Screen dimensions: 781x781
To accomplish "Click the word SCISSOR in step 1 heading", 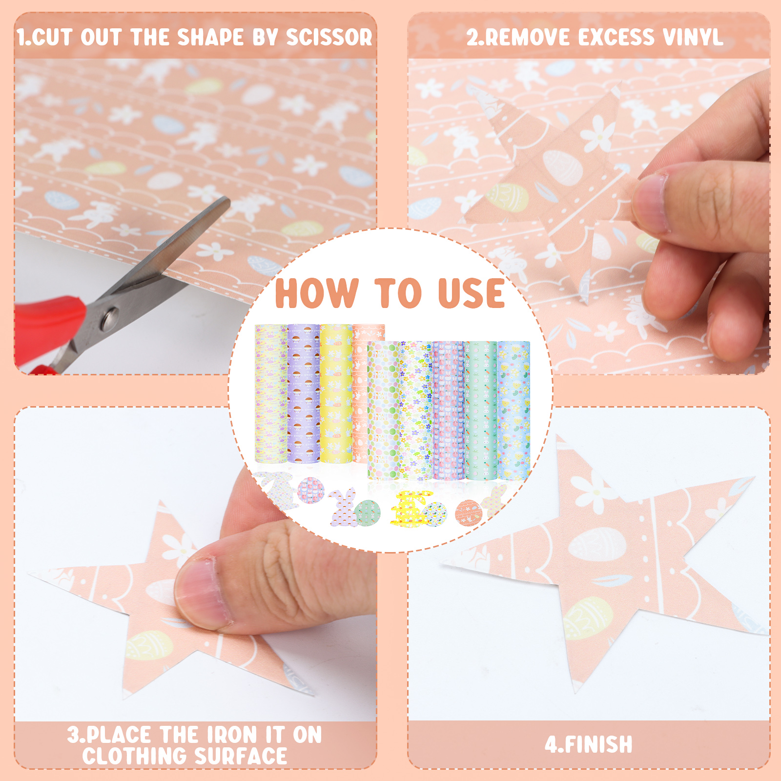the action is (329, 38).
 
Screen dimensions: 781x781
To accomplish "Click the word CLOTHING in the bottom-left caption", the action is (135, 756).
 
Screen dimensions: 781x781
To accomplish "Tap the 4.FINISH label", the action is (589, 745).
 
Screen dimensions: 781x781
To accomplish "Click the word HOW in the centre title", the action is (317, 293).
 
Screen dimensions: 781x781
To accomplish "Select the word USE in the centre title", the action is (472, 293).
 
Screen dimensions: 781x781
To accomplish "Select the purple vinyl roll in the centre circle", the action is (303, 393).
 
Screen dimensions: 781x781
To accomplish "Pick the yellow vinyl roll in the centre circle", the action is (336, 393).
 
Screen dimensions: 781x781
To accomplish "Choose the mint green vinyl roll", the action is (481, 410).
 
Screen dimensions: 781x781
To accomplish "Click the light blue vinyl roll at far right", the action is (514, 410).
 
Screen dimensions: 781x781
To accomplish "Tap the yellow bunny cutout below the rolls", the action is (411, 509).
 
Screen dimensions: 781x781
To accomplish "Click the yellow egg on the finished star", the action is (588, 618).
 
